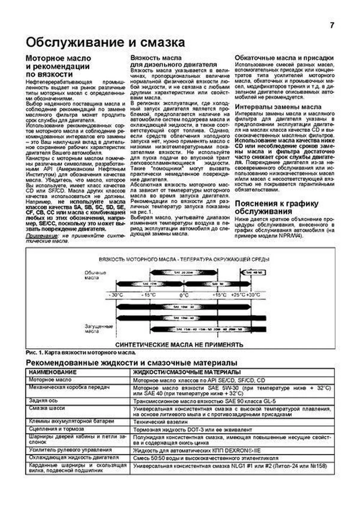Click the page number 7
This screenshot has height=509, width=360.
tap(332, 26)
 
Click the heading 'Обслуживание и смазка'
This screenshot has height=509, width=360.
tap(105, 43)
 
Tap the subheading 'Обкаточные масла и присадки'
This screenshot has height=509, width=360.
tap(284, 58)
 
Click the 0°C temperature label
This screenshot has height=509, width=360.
tap(184, 295)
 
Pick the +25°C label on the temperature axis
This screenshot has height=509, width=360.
tap(238, 295)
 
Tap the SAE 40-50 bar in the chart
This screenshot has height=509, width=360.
tap(253, 273)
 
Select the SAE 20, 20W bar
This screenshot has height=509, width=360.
tap(183, 273)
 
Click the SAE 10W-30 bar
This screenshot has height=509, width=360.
tap(184, 307)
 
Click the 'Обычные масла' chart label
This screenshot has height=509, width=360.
tap(95, 275)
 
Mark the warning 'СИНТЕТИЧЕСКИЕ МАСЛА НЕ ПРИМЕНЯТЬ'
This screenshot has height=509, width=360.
tap(179, 345)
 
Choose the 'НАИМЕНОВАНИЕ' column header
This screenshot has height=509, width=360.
tap(53, 372)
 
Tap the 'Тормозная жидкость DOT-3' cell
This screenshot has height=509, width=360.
tap(192, 430)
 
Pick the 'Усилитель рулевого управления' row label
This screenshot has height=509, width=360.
tap(70, 450)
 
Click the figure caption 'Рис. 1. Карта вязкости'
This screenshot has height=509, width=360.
tap(81, 353)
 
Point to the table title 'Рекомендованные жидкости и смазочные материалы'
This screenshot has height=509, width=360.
tap(131, 363)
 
